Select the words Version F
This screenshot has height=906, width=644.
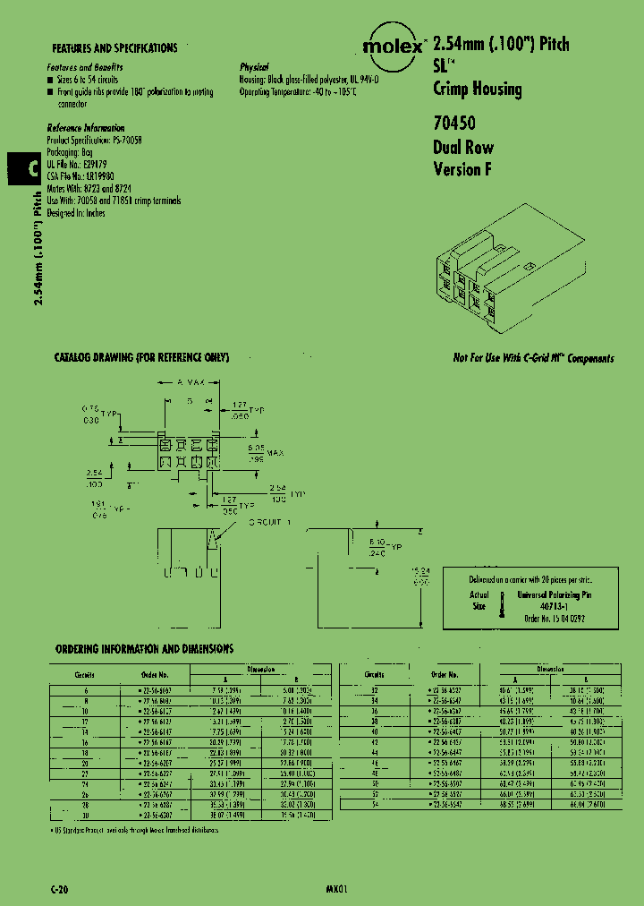(x=462, y=168)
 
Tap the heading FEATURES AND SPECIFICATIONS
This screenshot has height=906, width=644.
(x=114, y=48)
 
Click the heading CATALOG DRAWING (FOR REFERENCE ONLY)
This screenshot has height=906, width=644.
(x=142, y=357)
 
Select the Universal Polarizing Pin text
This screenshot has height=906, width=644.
(x=555, y=594)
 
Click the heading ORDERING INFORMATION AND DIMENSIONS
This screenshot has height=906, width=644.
(x=144, y=648)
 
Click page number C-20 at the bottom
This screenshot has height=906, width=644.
(x=57, y=888)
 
